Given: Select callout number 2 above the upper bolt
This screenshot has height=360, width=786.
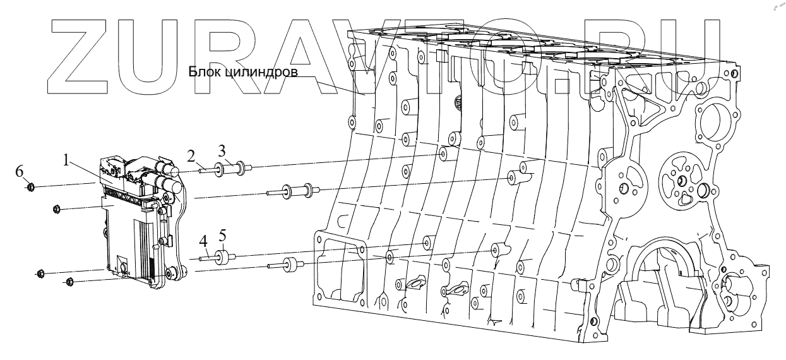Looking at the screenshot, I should tap(191, 154).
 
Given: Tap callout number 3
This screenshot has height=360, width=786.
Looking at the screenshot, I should tap(222, 151).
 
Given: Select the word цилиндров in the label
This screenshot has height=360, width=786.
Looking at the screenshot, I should tap(259, 73).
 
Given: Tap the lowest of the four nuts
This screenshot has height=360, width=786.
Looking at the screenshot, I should tap(70, 281).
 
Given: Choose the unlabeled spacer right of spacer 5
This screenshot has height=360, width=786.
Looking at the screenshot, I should tap(291, 265).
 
